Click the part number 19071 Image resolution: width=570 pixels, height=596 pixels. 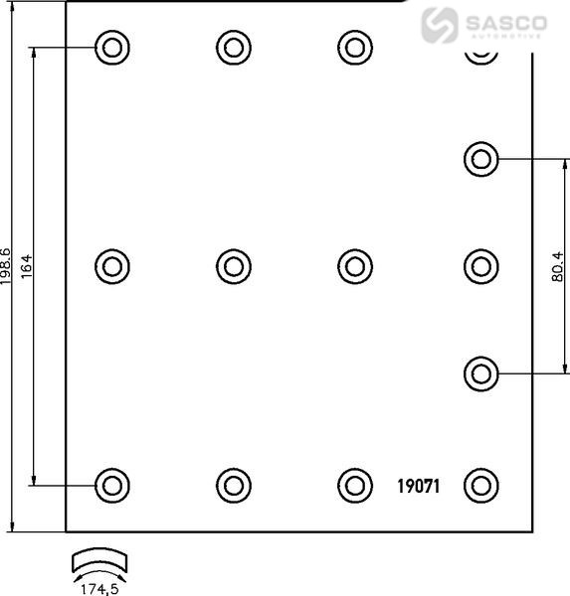pyautogui.click(x=418, y=486)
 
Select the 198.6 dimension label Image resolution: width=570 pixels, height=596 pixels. pyautogui.click(x=6, y=266)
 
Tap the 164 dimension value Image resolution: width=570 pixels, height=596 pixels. pyautogui.click(x=27, y=266)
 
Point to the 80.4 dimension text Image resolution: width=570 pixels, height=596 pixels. pyautogui.click(x=557, y=266)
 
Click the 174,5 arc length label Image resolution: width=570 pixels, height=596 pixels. pyautogui.click(x=99, y=589)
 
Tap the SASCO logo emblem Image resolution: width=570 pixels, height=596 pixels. pyautogui.click(x=439, y=25)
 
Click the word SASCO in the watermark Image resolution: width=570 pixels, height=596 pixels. pyautogui.click(x=506, y=23)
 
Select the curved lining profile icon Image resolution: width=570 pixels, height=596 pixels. pyautogui.click(x=99, y=559)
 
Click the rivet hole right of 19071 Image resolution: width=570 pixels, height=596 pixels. pyautogui.click(x=480, y=486)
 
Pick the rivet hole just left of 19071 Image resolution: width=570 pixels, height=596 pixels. pyautogui.click(x=355, y=486)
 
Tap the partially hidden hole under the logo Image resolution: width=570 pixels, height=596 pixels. pyautogui.click(x=481, y=59)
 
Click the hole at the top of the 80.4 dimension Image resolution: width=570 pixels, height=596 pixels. pyautogui.click(x=480, y=159)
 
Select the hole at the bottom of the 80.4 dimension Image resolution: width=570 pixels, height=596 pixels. pyautogui.click(x=480, y=374)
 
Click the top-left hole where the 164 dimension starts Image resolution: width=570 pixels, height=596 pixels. pyautogui.click(x=112, y=48)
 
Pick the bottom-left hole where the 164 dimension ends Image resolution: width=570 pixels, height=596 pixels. pyautogui.click(x=112, y=486)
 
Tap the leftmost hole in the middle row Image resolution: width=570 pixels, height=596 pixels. pyautogui.click(x=112, y=266)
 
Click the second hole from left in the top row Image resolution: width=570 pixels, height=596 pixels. pyautogui.click(x=234, y=48)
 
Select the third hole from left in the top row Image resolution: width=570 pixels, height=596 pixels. pyautogui.click(x=355, y=48)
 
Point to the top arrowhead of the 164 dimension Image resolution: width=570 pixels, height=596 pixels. pyautogui.click(x=34, y=53)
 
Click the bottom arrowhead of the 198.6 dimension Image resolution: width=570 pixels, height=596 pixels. pyautogui.click(x=13, y=526)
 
